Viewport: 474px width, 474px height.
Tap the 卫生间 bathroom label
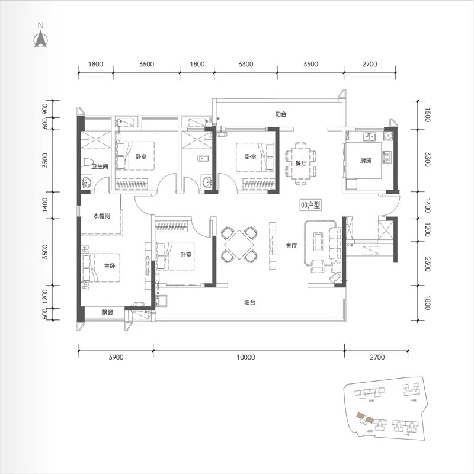(100, 166)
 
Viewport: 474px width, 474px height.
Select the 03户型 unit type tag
(310, 205)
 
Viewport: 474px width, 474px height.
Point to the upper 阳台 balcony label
(280, 114)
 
